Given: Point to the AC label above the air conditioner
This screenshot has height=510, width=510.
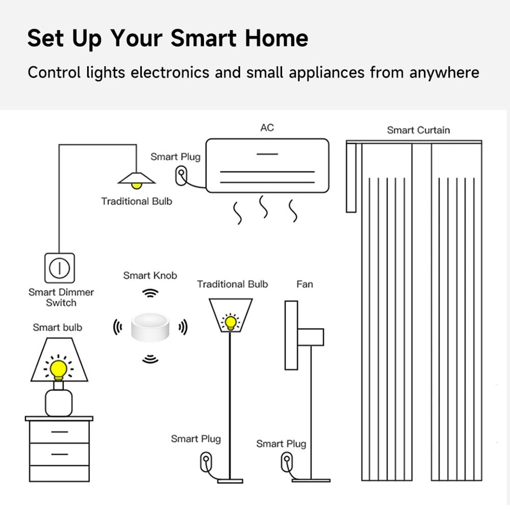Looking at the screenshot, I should click(267, 127).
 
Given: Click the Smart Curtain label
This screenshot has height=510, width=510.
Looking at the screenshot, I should click(418, 130).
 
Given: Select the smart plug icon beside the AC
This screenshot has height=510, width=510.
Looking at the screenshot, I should click(180, 174).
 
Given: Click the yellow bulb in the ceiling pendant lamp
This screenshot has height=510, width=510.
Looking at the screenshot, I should click(137, 185).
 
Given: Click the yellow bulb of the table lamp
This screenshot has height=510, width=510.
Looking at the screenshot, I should click(59, 368).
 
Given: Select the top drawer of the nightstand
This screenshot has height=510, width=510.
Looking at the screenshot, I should click(59, 432).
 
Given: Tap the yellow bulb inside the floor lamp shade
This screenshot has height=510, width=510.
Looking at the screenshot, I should click(231, 322).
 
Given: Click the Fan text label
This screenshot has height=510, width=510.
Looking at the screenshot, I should click(304, 284).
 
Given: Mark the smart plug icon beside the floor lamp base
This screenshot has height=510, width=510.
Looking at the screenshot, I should click(205, 463).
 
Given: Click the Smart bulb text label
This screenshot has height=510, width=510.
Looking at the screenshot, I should click(57, 327).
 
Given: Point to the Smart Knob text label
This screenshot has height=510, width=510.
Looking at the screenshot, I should click(150, 275).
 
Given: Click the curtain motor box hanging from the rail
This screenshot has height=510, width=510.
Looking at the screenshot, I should click(351, 177).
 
